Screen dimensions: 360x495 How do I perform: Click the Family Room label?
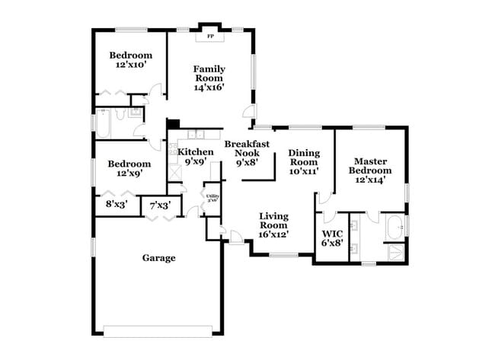[208, 73]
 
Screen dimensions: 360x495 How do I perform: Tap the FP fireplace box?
[209, 35]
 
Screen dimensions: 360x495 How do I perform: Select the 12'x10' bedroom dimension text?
[129, 66]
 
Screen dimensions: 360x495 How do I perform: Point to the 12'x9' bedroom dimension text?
[129, 174]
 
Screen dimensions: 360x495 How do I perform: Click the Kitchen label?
[195, 151]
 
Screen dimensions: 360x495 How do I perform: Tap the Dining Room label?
[303, 158]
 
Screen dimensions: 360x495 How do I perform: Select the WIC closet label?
[332, 234]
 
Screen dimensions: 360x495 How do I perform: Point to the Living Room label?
[273, 220]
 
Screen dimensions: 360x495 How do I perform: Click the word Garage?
[158, 258]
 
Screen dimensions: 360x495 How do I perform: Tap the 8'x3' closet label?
[117, 204]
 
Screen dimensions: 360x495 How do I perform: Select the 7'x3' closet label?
[160, 205]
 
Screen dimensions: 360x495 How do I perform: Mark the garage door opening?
[158, 330]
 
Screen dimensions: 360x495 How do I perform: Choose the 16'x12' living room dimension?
[273, 234]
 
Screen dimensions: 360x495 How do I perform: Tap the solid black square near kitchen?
[173, 124]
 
